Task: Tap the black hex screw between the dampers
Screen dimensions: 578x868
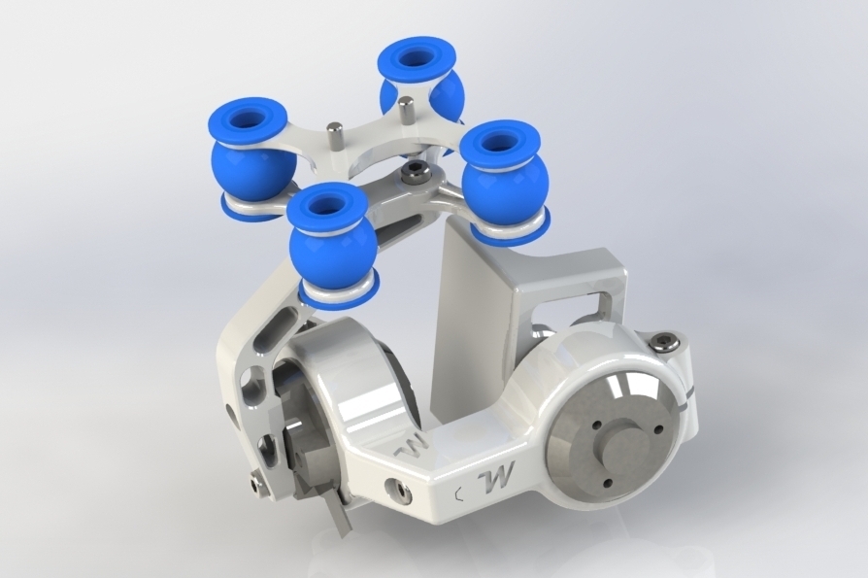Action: tap(414, 174)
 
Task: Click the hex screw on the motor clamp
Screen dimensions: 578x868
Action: tap(665, 341)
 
